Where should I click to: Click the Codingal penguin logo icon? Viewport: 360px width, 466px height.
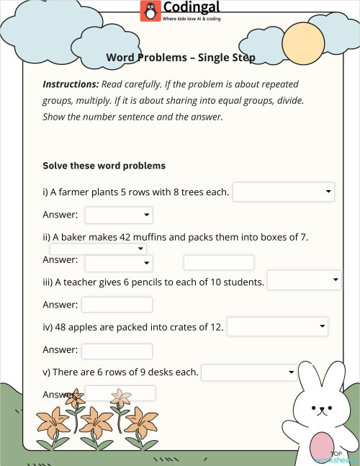tap(150, 11)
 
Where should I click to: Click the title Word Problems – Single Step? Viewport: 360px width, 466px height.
tap(181, 57)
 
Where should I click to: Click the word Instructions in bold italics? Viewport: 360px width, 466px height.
tap(71, 84)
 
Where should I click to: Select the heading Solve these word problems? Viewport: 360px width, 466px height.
tap(104, 166)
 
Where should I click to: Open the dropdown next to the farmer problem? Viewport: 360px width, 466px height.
tap(284, 192)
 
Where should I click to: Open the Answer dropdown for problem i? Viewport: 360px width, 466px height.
tap(119, 215)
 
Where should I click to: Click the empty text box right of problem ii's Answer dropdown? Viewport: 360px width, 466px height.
tap(219, 262)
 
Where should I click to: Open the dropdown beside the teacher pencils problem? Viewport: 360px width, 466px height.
tap(304, 280)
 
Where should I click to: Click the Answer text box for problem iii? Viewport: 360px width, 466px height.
tap(117, 305)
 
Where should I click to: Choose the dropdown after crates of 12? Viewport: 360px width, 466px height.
tap(277, 326)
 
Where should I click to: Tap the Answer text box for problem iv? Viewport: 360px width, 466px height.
tap(117, 351)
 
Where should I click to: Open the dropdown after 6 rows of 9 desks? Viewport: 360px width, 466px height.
tap(248, 372)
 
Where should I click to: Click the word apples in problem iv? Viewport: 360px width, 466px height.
tap(80, 327)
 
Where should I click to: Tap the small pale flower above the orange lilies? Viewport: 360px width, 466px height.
tap(121, 397)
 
